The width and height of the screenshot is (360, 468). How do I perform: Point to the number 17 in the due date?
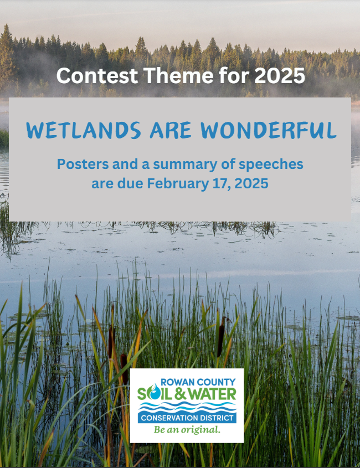[218, 183]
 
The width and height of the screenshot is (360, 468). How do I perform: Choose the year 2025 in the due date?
[249, 183]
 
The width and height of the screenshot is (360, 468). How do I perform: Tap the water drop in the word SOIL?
[157, 394]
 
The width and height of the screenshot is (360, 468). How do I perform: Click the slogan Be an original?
[187, 430]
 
